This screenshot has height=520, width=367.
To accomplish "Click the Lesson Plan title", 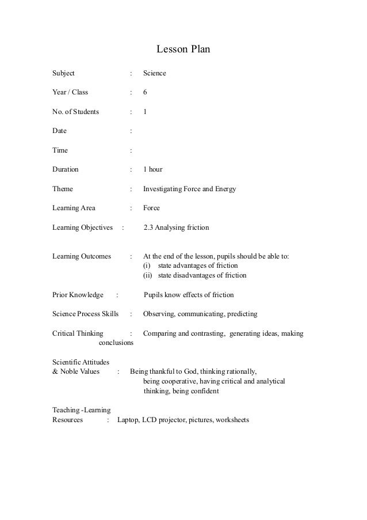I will pos(183,50).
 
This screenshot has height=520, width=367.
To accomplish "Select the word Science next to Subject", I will pos(155,74).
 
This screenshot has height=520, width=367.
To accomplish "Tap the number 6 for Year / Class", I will pos(145,93).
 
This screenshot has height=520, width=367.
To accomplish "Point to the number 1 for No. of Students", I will pos(145,112).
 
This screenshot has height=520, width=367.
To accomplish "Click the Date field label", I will pos(59,131).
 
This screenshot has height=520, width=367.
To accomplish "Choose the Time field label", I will pos(60,150).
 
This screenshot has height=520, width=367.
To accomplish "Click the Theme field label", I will pos(63,189).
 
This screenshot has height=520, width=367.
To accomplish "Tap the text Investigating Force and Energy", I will pos(189,189).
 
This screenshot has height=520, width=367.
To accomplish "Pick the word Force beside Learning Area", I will pos(151,208).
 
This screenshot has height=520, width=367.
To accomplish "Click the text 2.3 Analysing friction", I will pos(176,227).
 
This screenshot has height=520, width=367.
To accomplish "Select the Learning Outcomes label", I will pos(81,256).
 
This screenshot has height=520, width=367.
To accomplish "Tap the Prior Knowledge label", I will pos(78,295).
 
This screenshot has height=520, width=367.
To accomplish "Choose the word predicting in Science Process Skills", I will pos(242,314).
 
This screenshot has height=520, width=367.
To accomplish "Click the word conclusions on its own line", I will pos(117,343).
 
